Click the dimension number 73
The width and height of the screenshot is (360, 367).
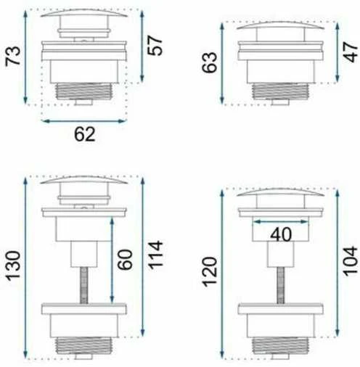13,56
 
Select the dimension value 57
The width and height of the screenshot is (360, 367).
155,46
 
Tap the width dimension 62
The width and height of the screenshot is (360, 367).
84,134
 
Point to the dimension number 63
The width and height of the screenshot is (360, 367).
210,62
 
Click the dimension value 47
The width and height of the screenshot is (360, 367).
350,52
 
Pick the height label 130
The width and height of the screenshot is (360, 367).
13,266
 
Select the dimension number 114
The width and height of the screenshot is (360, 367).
155,255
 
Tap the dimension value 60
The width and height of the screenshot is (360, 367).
125,260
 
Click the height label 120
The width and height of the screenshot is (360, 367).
210,272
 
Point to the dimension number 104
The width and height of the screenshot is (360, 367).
350,261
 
